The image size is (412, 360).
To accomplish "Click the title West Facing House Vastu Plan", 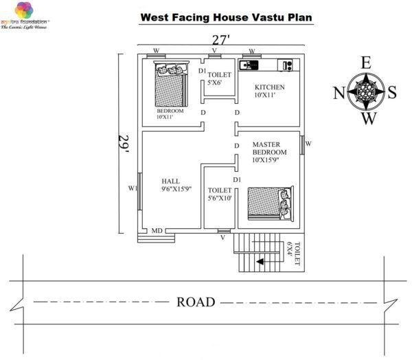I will click(227, 16).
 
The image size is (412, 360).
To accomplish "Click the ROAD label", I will click(196, 302).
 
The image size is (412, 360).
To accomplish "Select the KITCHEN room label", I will click(269, 87).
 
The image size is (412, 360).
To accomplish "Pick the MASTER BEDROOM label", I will click(268, 148).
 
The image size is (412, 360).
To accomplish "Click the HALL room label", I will click(171, 181).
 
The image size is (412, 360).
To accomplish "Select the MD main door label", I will click(157, 231).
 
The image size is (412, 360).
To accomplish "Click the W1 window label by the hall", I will click(133, 188).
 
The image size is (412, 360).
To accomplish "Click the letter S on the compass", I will click(391, 93).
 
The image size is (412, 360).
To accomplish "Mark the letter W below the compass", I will click(369, 120).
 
